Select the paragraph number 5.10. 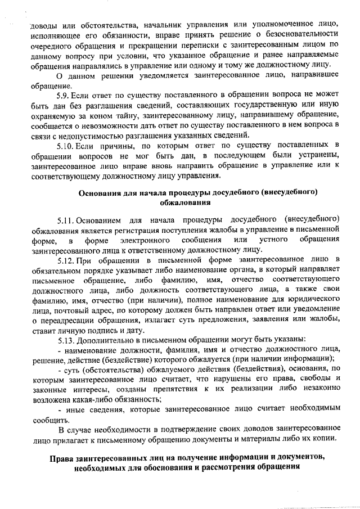click(66, 146)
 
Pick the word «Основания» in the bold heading click(101, 192)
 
